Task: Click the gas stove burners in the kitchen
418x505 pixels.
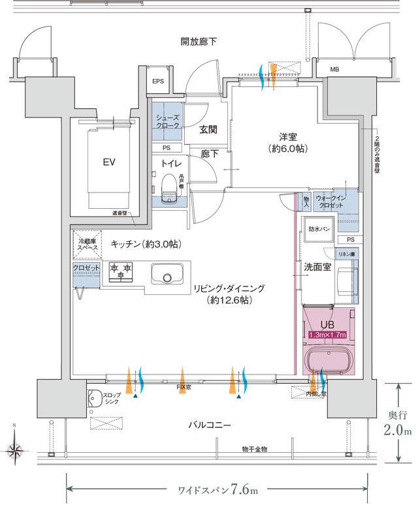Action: (121, 271)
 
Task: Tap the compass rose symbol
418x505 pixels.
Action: (15, 450)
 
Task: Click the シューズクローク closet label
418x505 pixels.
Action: (167, 121)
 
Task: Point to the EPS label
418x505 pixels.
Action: (158, 82)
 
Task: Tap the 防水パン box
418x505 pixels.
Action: (319, 228)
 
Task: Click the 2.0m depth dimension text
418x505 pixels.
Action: (398, 431)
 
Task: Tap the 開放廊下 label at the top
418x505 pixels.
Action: (199, 42)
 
